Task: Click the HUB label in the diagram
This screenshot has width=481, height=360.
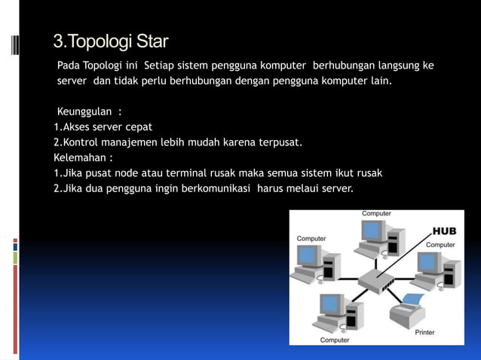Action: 443,231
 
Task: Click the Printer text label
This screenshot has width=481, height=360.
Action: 424,332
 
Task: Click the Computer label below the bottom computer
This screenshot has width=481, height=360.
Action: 334,340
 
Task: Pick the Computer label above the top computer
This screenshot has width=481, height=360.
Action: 376,214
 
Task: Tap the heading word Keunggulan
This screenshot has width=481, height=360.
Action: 84,112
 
